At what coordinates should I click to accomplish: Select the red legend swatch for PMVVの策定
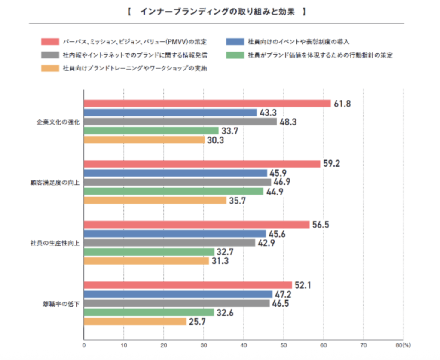pos(50,42)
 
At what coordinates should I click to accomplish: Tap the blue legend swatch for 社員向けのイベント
pos(235,42)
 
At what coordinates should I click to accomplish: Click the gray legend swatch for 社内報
pos(50,55)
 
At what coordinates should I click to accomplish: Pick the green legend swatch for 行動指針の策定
pos(235,55)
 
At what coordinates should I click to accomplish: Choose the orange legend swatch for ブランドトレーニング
pos(50,68)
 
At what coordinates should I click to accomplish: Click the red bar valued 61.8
pos(207,103)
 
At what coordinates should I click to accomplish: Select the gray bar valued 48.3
pos(180,122)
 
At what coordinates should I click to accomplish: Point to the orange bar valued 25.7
pos(135,321)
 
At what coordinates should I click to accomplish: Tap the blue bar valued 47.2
pos(178,294)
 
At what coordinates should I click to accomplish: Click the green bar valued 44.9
pos(173,191)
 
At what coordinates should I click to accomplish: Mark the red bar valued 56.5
pos(196,225)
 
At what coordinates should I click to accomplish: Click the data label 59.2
pos(332,164)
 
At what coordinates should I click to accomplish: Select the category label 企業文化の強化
pos(58,122)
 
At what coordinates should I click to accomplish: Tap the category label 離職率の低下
pos(59,303)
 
